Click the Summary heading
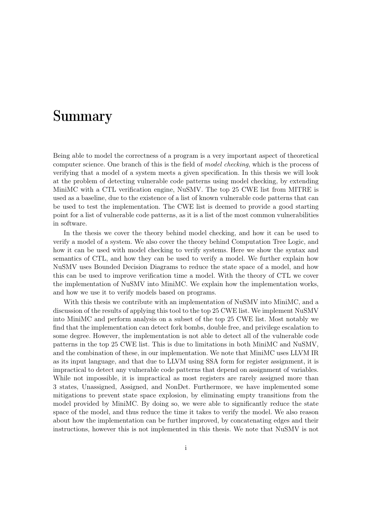coord(82,116)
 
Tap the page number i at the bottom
coord(186,448)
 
